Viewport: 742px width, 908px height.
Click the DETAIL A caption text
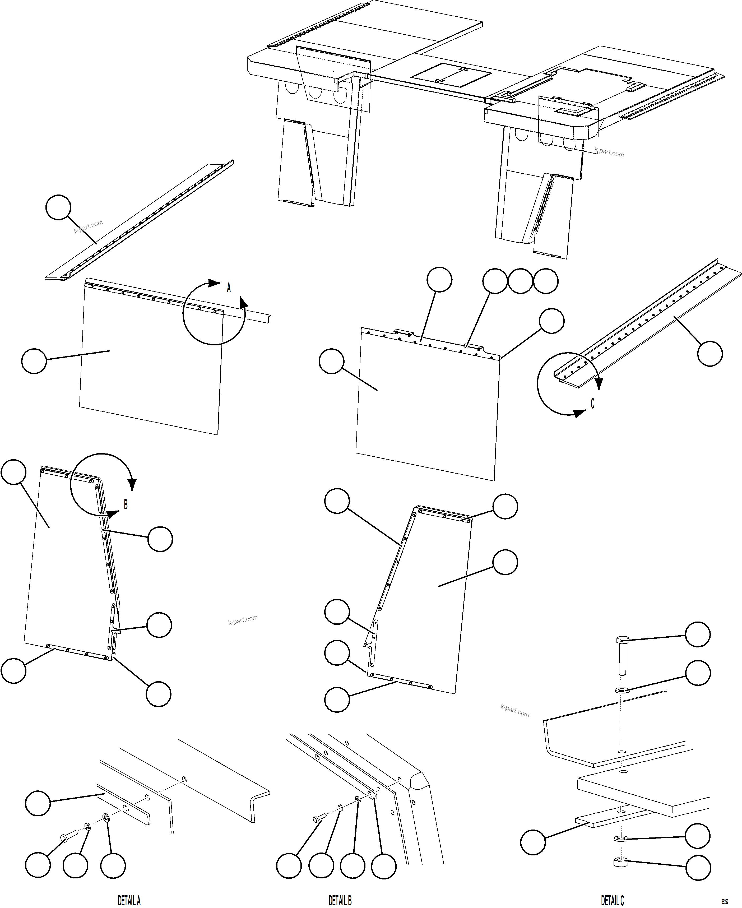click(x=129, y=901)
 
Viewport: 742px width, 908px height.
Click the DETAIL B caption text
click(x=340, y=901)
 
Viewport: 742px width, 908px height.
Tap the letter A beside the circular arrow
click(x=229, y=288)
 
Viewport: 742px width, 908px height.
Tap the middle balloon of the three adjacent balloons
click(x=520, y=281)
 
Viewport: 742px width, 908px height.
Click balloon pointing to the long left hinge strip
click(x=58, y=207)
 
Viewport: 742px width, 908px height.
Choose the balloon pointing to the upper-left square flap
click(x=34, y=361)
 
